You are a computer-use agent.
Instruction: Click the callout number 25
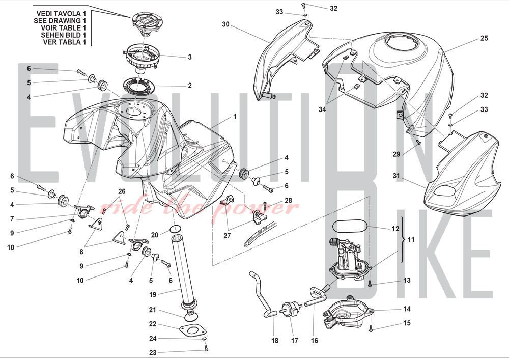(484, 38)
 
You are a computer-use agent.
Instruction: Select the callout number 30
(226, 24)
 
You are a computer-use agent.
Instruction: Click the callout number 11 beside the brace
(412, 239)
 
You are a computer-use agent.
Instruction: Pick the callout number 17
(294, 340)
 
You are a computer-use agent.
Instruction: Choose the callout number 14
(407, 309)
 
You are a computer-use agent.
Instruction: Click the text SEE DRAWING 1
(64, 20)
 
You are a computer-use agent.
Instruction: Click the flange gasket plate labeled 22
(191, 330)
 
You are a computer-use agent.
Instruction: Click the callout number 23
(152, 352)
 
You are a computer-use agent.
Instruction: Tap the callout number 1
(235, 116)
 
